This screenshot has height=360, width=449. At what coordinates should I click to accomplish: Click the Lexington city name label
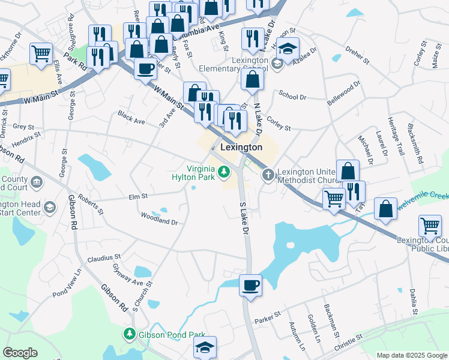click(241, 147)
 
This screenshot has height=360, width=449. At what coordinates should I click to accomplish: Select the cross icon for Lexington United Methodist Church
click(268, 175)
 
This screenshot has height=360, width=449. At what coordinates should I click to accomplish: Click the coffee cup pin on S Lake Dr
click(250, 285)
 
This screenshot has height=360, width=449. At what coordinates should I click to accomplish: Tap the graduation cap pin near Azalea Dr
click(288, 48)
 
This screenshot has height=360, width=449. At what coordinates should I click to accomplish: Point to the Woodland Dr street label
click(159, 218)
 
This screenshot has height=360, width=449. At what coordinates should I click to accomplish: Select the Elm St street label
click(138, 196)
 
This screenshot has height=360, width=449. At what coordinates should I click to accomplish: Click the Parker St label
click(268, 315)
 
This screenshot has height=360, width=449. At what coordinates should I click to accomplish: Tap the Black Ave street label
click(132, 117)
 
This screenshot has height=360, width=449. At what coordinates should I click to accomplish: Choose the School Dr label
click(292, 96)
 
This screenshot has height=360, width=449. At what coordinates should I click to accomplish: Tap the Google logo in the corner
click(20, 353)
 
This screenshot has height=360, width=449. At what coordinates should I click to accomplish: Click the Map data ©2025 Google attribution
click(411, 356)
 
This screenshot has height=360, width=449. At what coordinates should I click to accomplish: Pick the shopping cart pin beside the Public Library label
click(430, 227)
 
